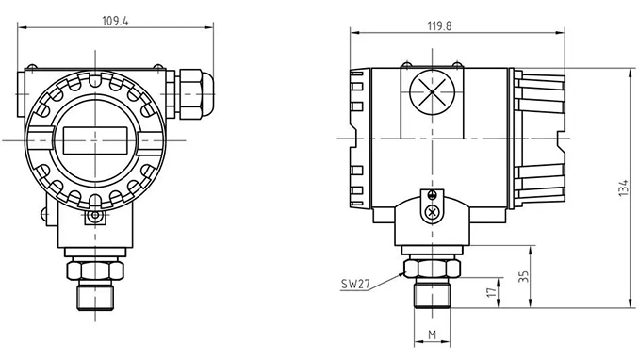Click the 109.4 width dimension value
[115, 21]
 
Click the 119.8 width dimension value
[440, 26]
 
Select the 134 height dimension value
[624, 188]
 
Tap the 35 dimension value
[525, 276]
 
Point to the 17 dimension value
[493, 292]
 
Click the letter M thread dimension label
[433, 335]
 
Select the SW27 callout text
[355, 284]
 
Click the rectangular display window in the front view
[95, 140]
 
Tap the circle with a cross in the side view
[432, 91]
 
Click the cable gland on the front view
[194, 94]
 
